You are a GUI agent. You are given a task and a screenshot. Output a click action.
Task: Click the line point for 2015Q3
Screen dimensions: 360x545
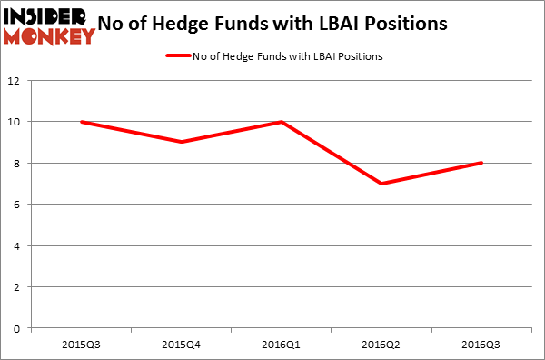(x=82, y=122)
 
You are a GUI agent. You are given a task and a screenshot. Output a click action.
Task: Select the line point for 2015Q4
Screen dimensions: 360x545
(x=183, y=142)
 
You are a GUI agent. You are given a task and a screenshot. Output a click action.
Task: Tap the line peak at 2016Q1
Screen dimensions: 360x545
(x=282, y=122)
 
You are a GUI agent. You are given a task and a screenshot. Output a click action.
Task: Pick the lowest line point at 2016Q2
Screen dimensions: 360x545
(x=382, y=184)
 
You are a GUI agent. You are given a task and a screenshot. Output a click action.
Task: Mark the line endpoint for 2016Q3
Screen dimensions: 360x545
(x=481, y=164)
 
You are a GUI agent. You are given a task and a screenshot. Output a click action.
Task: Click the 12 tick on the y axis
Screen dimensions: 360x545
(x=17, y=81)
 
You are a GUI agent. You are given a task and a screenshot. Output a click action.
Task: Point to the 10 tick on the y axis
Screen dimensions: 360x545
(x=17, y=122)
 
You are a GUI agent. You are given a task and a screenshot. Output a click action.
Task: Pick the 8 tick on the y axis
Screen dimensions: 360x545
(x=20, y=164)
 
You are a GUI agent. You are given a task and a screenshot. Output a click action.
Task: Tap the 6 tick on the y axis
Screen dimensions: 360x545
(x=20, y=205)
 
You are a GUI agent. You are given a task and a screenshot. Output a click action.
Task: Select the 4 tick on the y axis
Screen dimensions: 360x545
(x=20, y=245)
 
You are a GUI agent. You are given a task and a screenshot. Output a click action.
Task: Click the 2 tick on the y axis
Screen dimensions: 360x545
(x=20, y=287)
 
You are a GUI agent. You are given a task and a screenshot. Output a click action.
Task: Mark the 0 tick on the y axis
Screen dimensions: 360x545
(x=20, y=328)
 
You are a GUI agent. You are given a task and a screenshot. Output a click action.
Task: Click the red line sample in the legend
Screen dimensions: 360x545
(x=178, y=56)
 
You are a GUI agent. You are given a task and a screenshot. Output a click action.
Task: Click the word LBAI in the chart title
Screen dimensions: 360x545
(x=342, y=25)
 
